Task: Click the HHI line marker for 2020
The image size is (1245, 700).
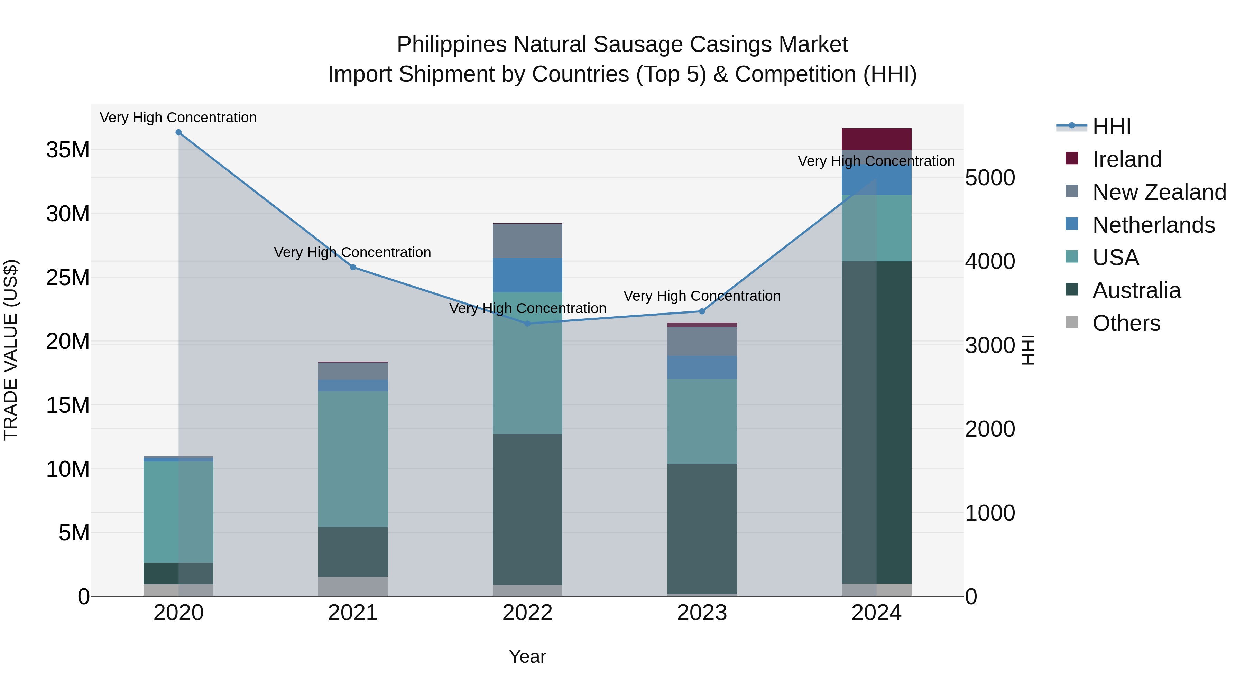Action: click(x=178, y=132)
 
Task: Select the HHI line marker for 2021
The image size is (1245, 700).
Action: click(x=353, y=267)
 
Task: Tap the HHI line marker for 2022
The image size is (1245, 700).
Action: click(x=527, y=324)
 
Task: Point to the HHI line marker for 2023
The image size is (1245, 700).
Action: click(x=702, y=311)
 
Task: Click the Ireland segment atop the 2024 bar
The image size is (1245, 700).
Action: click(x=876, y=139)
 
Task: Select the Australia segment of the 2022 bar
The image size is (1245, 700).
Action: click(x=527, y=509)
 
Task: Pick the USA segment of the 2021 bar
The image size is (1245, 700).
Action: click(x=353, y=459)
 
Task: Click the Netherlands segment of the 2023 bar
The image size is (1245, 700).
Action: click(x=702, y=367)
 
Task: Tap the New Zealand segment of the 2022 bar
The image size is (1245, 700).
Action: click(x=527, y=241)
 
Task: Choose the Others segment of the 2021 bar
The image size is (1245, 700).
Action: click(x=353, y=586)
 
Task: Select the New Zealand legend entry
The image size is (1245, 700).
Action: click(x=1159, y=192)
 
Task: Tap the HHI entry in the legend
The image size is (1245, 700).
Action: click(x=1111, y=127)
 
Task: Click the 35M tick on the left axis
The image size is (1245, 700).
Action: click(x=68, y=150)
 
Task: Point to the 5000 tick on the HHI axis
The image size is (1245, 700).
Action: click(x=990, y=178)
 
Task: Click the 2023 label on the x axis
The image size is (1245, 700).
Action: click(x=702, y=613)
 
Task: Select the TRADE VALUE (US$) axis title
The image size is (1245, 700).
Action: click(x=11, y=350)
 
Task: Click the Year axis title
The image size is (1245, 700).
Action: click(x=527, y=656)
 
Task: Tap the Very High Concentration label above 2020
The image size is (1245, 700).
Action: click(x=178, y=118)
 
